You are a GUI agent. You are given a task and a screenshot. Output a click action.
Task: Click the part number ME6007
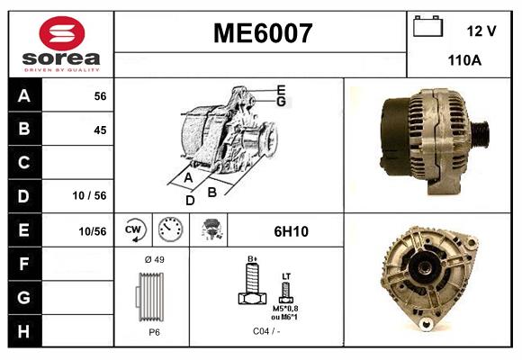click(x=262, y=33)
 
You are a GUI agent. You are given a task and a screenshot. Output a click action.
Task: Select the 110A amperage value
click(x=464, y=60)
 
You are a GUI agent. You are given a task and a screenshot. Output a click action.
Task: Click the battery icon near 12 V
click(x=427, y=28)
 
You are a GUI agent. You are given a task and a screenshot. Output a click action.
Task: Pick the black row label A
click(x=23, y=95)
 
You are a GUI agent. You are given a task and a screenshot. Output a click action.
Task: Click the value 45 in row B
click(x=99, y=130)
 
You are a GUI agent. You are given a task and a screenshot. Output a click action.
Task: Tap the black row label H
click(x=23, y=330)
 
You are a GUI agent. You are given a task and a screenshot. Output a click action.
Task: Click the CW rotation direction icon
click(x=133, y=230)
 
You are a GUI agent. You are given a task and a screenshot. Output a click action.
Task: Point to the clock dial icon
click(x=169, y=230)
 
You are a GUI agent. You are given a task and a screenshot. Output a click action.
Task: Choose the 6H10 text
click(x=291, y=231)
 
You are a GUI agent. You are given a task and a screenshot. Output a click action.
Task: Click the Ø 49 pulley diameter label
click(x=153, y=260)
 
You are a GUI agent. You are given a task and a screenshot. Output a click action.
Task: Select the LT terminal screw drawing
click(x=286, y=290)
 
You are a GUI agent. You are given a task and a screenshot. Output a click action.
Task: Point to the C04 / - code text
click(x=265, y=330)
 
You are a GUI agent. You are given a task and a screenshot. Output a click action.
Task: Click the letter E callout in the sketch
click(x=281, y=89)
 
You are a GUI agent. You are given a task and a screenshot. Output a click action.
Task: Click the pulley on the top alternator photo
click(x=479, y=133)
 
